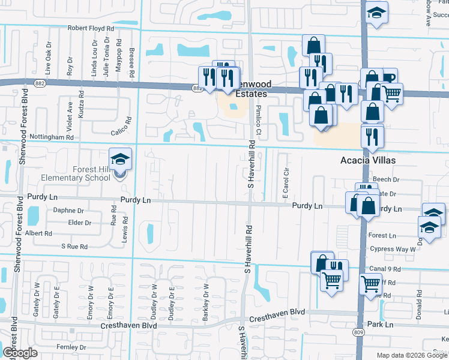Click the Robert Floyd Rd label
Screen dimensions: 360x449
(x=91, y=28)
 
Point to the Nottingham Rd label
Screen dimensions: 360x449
(x=53, y=137)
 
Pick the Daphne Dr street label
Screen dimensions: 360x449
(x=68, y=211)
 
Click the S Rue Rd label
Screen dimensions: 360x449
(x=74, y=247)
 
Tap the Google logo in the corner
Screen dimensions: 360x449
(x=19, y=353)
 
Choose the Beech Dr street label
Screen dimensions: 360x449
(x=386, y=179)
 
